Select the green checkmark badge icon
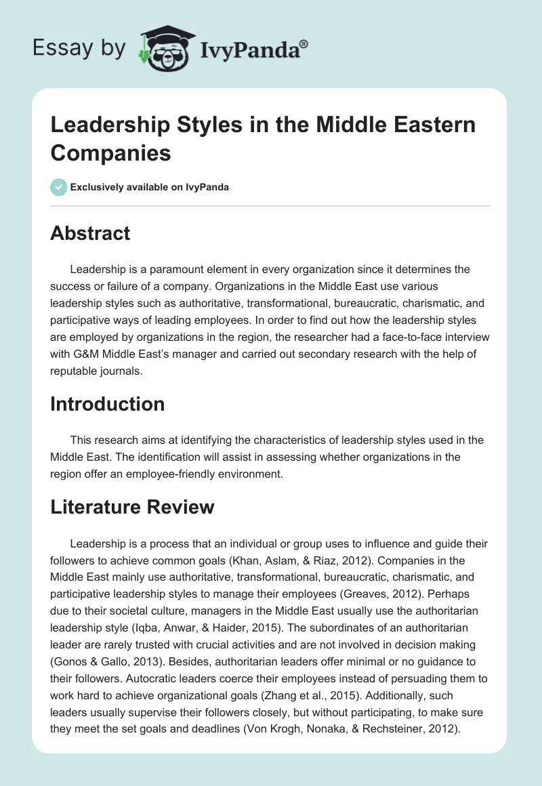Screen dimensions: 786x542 pyautogui.click(x=59, y=187)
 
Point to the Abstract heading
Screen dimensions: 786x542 pyautogui.click(x=90, y=233)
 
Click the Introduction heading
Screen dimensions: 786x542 pyautogui.click(x=108, y=404)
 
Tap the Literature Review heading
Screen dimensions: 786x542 pyautogui.click(x=133, y=506)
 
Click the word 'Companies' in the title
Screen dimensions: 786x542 pyautogui.click(x=111, y=152)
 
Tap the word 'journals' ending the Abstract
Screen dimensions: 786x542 pyautogui.click(x=128, y=371)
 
